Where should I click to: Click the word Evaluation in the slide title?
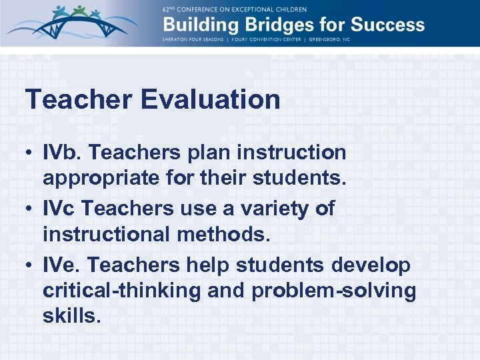point(210,100)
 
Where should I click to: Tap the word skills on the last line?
point(71,316)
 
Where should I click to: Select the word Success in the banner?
point(387,25)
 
